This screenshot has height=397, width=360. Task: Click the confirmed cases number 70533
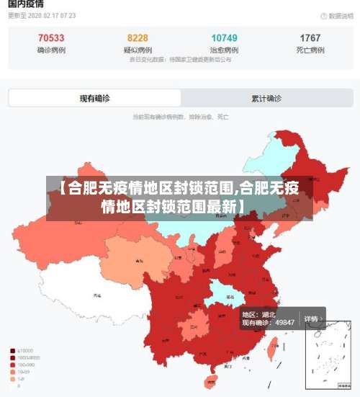50,38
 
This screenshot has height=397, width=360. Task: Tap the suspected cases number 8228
138,38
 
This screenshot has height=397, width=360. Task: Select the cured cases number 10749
224,38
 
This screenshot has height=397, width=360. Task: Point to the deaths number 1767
310,38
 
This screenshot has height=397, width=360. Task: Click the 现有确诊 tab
94,98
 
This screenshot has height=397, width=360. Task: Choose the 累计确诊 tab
266,98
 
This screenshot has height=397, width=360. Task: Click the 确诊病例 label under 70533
50,50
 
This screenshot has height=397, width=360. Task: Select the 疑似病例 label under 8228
138,50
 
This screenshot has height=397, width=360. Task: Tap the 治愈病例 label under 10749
224,50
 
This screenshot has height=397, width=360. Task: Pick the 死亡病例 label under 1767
310,50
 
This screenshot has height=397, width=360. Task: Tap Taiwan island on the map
272,349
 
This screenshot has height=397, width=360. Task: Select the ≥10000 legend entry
26,350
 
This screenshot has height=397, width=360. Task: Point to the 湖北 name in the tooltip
269,314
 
